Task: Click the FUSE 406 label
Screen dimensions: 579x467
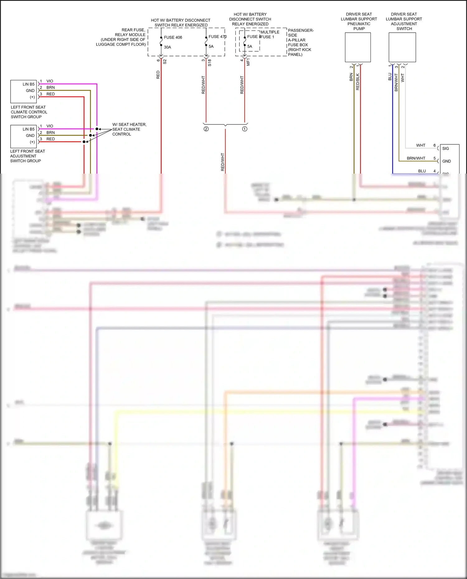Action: pyautogui.click(x=173, y=37)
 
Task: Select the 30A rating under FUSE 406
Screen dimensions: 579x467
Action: pyautogui.click(x=167, y=47)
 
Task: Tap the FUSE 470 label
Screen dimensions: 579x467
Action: pyautogui.click(x=217, y=37)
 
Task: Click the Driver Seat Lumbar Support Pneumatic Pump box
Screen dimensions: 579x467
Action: pyautogui.click(x=358, y=47)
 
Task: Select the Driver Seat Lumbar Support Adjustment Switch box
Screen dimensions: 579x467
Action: pyautogui.click(x=402, y=47)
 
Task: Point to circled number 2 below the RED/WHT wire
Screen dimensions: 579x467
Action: pyautogui.click(x=206, y=129)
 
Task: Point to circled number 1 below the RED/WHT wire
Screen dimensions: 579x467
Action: pyautogui.click(x=245, y=129)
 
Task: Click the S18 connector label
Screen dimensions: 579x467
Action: pyautogui.click(x=210, y=63)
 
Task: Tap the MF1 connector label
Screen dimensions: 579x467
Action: pyautogui.click(x=248, y=62)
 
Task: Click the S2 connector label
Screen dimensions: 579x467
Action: pyautogui.click(x=165, y=62)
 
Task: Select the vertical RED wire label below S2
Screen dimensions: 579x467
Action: pyautogui.click(x=158, y=75)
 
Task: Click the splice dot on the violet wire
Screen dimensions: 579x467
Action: pyautogui.click(x=97, y=129)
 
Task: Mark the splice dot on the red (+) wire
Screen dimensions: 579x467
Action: pyautogui.click(x=84, y=142)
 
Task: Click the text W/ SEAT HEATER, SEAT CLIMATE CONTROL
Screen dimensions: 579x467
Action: pyautogui.click(x=129, y=129)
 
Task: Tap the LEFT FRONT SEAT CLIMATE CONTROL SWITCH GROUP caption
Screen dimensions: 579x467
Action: pyautogui.click(x=29, y=112)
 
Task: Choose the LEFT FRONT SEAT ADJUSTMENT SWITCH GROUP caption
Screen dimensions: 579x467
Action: pyautogui.click(x=27, y=156)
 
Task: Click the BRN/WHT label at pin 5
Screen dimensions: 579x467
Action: pyautogui.click(x=416, y=158)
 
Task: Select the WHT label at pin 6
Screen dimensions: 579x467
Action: pyautogui.click(x=421, y=145)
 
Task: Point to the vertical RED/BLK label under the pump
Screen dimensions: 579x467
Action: pyautogui.click(x=357, y=82)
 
